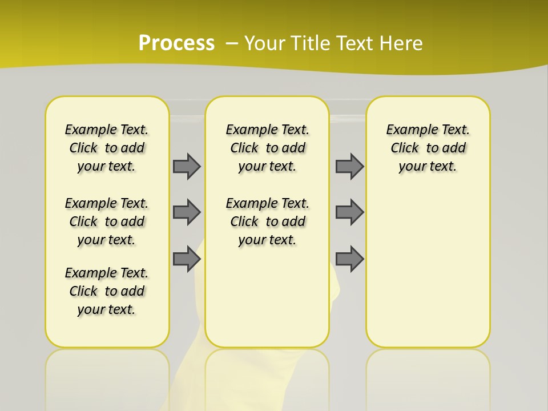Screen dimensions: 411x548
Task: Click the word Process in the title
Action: (176, 43)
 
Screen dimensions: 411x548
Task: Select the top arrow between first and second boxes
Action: (187, 166)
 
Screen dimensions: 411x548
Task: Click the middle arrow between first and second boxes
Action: (187, 212)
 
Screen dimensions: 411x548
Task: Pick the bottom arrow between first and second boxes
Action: (187, 259)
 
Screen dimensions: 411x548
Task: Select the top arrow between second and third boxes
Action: (349, 166)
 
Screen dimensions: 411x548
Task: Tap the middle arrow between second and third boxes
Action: (349, 212)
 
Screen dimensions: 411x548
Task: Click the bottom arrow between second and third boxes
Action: (349, 259)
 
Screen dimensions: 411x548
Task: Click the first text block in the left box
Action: (107, 148)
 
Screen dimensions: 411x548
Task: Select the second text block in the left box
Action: (107, 221)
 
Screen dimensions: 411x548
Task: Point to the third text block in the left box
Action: (107, 291)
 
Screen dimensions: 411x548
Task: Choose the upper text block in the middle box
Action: (267, 148)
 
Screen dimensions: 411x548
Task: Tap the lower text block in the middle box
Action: (267, 221)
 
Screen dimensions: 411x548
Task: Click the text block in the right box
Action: (428, 148)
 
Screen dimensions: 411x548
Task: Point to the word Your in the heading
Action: (265, 43)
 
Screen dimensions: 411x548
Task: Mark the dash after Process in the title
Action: (232, 43)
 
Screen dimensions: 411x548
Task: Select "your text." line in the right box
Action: (428, 167)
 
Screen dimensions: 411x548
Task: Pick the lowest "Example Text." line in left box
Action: (107, 273)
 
